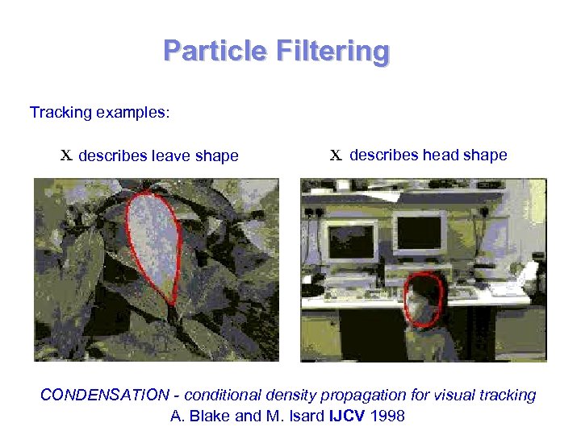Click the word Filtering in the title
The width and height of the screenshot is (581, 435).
(x=332, y=51)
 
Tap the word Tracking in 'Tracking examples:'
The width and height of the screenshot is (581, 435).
(x=61, y=112)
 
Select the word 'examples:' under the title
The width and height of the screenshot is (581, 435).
(x=133, y=112)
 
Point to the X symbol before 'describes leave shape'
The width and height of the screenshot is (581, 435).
(x=67, y=155)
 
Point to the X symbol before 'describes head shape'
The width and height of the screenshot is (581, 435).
(x=336, y=155)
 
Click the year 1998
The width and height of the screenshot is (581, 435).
(x=387, y=416)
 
